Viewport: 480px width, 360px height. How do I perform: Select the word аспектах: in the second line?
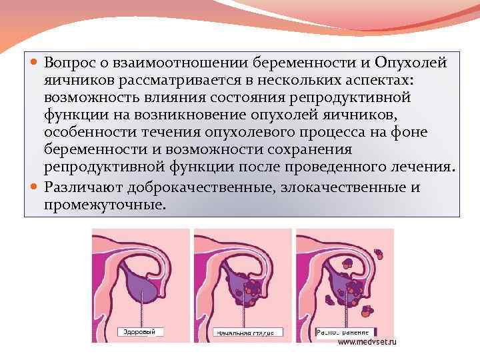coord(378,80)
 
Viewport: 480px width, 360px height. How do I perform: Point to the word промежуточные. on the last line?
coord(103,205)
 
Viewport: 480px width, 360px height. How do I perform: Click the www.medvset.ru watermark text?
coord(367,341)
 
